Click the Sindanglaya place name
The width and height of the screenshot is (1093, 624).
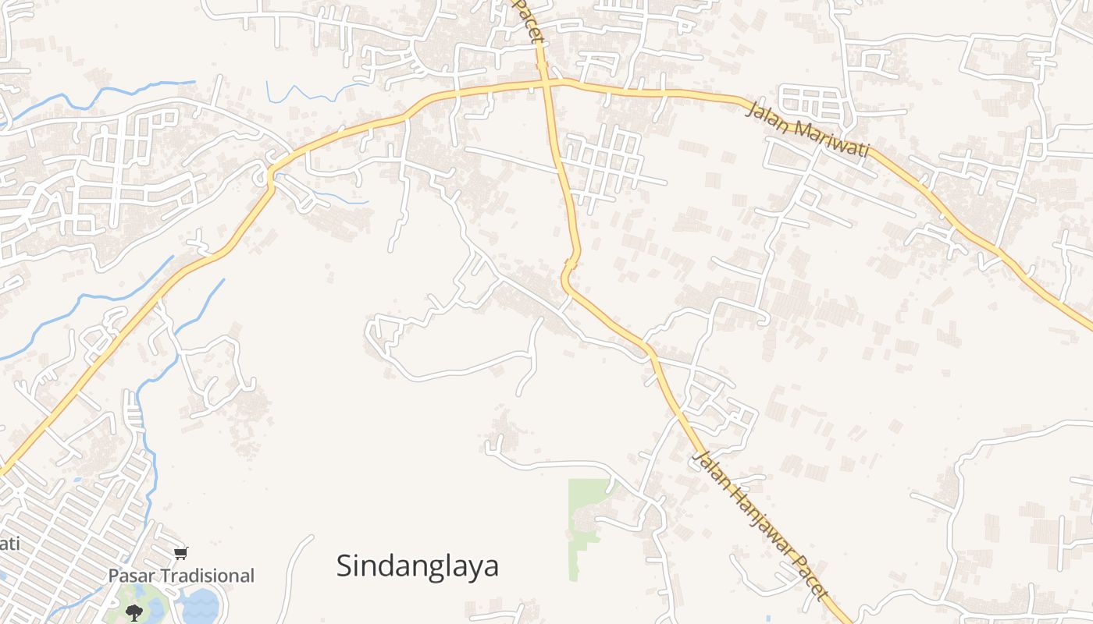(417, 565)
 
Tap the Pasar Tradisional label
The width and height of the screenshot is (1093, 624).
(181, 576)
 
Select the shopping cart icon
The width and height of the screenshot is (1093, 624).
(181, 553)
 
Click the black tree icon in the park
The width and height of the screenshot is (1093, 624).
(134, 612)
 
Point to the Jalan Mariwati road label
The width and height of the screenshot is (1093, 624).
(807, 129)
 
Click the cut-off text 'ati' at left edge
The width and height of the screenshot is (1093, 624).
(9, 542)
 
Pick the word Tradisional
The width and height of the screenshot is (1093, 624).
(207, 576)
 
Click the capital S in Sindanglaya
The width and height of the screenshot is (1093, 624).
(344, 565)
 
